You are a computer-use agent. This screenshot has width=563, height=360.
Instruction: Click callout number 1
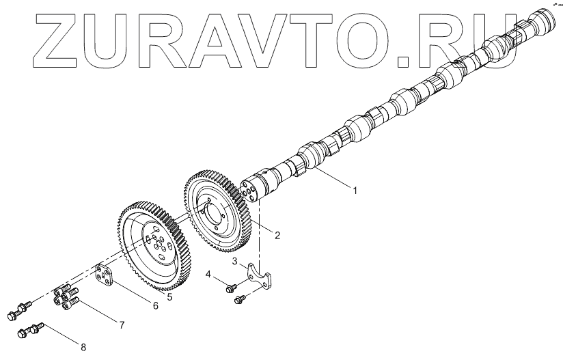(x=355, y=191)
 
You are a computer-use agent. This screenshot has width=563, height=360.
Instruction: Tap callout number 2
(x=278, y=235)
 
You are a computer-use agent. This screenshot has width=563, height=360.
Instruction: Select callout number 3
(x=235, y=262)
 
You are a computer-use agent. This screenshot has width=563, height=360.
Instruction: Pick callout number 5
(x=169, y=298)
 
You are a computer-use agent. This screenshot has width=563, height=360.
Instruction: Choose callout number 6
(x=155, y=306)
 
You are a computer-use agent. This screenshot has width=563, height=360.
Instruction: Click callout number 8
(x=83, y=348)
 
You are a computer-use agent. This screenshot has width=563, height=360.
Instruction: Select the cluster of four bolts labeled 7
(x=64, y=296)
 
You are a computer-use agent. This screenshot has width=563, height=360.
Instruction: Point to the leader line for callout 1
(x=331, y=180)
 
